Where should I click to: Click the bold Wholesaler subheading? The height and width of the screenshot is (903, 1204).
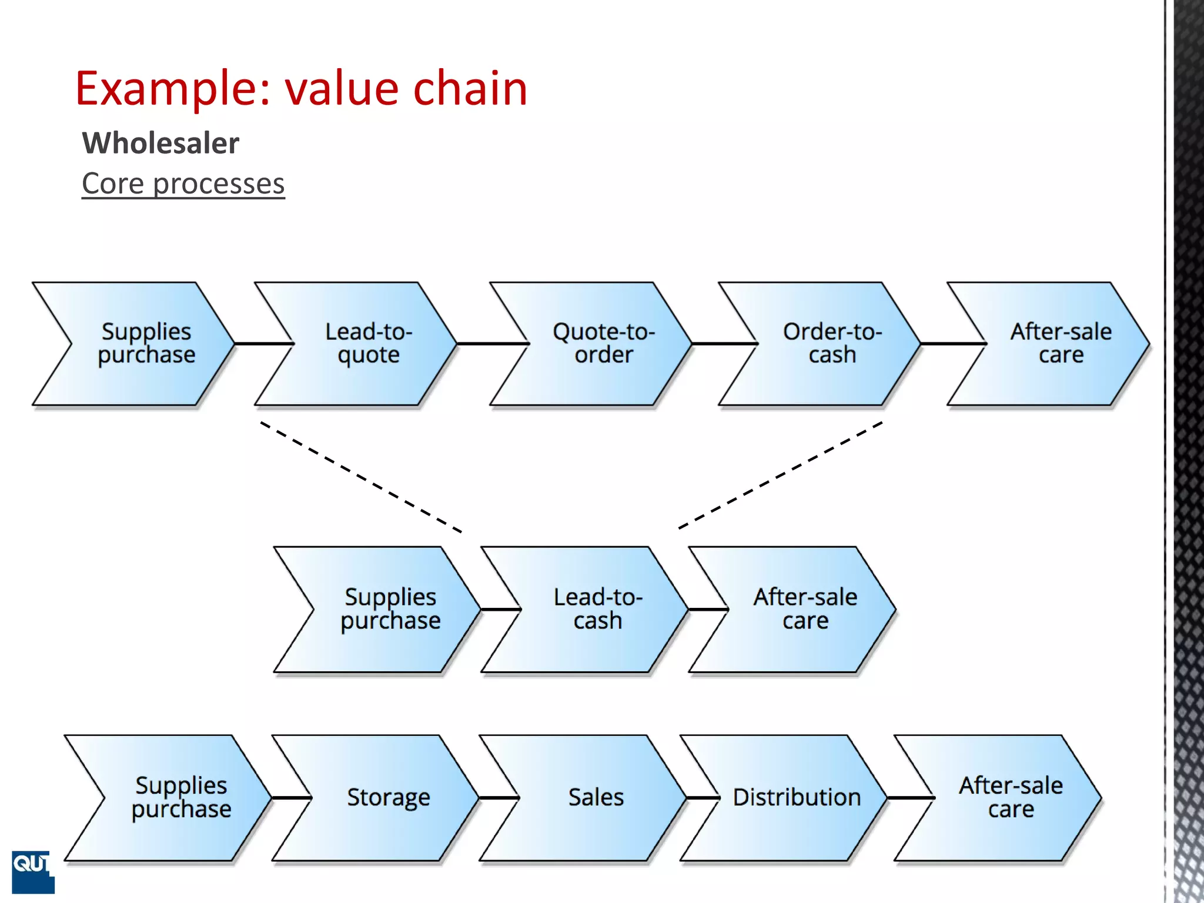(x=160, y=143)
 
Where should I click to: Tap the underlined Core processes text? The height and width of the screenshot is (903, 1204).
(x=183, y=183)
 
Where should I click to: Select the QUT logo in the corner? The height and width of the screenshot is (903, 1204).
(x=32, y=871)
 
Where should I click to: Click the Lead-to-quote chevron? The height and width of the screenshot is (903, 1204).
(x=369, y=343)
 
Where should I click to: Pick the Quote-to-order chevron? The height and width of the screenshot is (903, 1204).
(x=603, y=343)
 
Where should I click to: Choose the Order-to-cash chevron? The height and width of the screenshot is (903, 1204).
(x=832, y=343)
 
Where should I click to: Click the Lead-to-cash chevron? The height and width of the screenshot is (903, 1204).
(x=597, y=609)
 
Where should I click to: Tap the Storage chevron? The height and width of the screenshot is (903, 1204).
(x=388, y=798)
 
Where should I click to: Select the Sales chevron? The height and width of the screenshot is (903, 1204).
(x=596, y=798)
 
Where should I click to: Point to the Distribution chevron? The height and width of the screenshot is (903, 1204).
(x=796, y=798)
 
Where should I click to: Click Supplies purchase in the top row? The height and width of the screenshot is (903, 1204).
(x=146, y=343)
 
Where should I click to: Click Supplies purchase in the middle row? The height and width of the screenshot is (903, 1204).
(x=390, y=609)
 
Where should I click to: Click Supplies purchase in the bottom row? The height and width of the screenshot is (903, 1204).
(x=181, y=798)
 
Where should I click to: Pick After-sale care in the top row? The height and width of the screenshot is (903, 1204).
(x=1061, y=343)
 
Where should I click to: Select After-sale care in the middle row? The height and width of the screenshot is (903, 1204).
(x=805, y=609)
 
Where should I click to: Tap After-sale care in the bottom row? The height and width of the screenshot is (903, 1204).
(x=1011, y=798)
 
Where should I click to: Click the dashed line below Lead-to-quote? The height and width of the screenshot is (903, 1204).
(x=361, y=477)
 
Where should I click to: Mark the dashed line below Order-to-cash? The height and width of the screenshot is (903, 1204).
(x=781, y=474)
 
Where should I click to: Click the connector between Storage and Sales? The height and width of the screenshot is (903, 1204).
(x=499, y=798)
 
